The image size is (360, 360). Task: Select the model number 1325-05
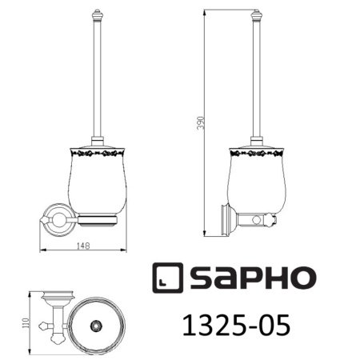point(233,326)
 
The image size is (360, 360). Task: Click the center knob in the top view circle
point(97,325)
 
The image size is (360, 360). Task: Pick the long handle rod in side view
point(258,80)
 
